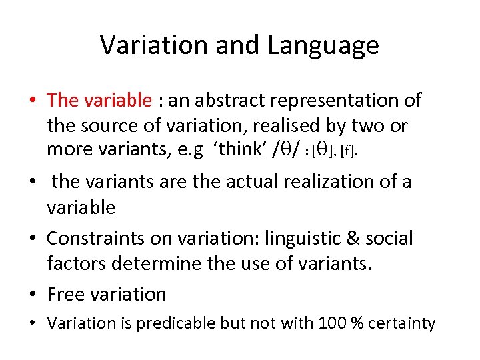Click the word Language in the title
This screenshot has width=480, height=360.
[323, 45]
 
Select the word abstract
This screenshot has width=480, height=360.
[228, 100]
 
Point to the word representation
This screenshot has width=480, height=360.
[339, 100]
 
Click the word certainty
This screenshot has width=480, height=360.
[403, 324]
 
